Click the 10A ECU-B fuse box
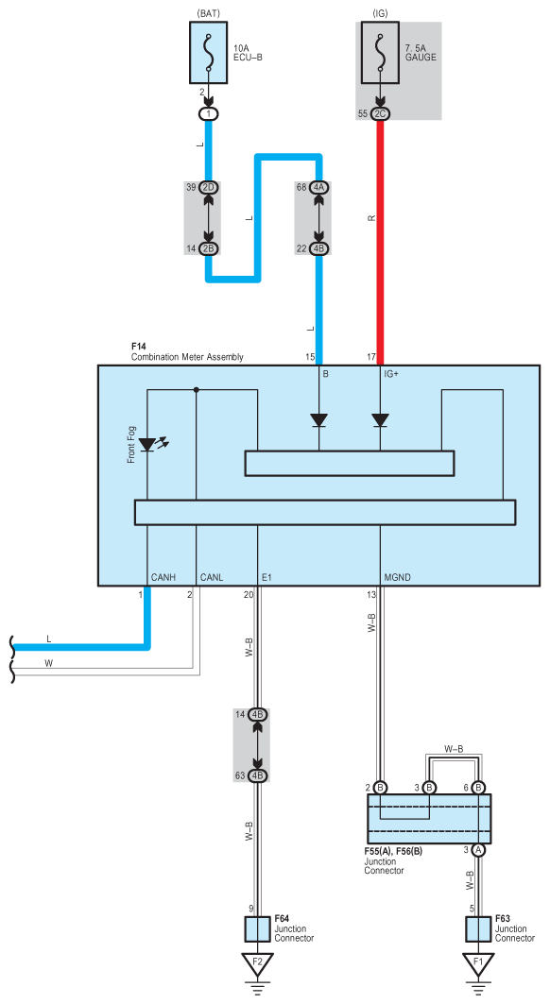coord(208,53)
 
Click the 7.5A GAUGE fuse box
coord(380,53)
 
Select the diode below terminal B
coord(318,420)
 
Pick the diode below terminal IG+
coord(380,420)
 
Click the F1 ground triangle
coord(477,964)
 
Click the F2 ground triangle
coord(257,964)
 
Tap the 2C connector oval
coord(380,114)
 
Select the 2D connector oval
coord(208,188)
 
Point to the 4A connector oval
coord(318,188)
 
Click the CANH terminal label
coord(163,577)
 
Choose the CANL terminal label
coord(212,577)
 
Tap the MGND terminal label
coord(398,577)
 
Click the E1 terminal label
coord(267,577)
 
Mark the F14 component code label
coord(139,347)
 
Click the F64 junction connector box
coord(257,929)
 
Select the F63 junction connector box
coord(477,929)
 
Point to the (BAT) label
coord(208,13)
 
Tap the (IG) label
coord(380,13)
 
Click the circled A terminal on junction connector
coord(477,850)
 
